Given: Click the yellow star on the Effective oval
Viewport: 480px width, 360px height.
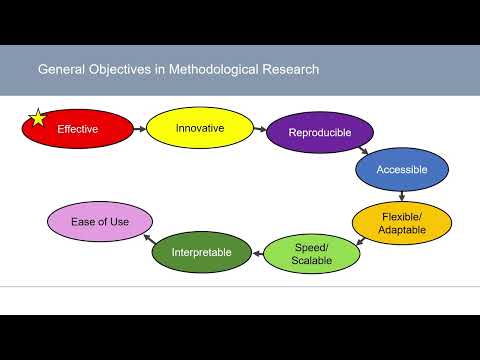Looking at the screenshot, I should pos(38,118).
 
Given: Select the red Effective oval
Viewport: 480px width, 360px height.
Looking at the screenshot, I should pos(78,129).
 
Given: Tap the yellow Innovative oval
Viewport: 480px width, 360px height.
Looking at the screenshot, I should pos(199,128).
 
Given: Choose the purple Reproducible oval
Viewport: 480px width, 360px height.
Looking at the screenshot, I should pos(320,132).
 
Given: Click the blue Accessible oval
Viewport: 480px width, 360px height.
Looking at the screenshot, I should pos(402,169).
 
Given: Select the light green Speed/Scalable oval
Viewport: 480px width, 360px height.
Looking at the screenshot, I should pos(311,252).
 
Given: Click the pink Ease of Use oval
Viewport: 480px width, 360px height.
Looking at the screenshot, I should pos(100,221).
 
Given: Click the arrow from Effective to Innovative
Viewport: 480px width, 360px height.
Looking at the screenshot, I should pos(140,127).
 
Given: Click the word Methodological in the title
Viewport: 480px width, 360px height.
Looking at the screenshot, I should pos(213,70).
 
